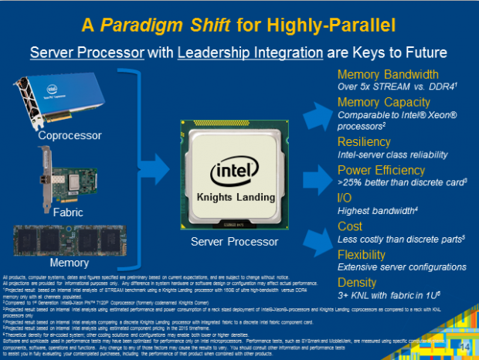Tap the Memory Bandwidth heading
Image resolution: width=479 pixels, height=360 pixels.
point(388,75)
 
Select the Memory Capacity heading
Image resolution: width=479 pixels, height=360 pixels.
point(384,103)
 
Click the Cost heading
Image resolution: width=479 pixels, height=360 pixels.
point(350,226)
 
